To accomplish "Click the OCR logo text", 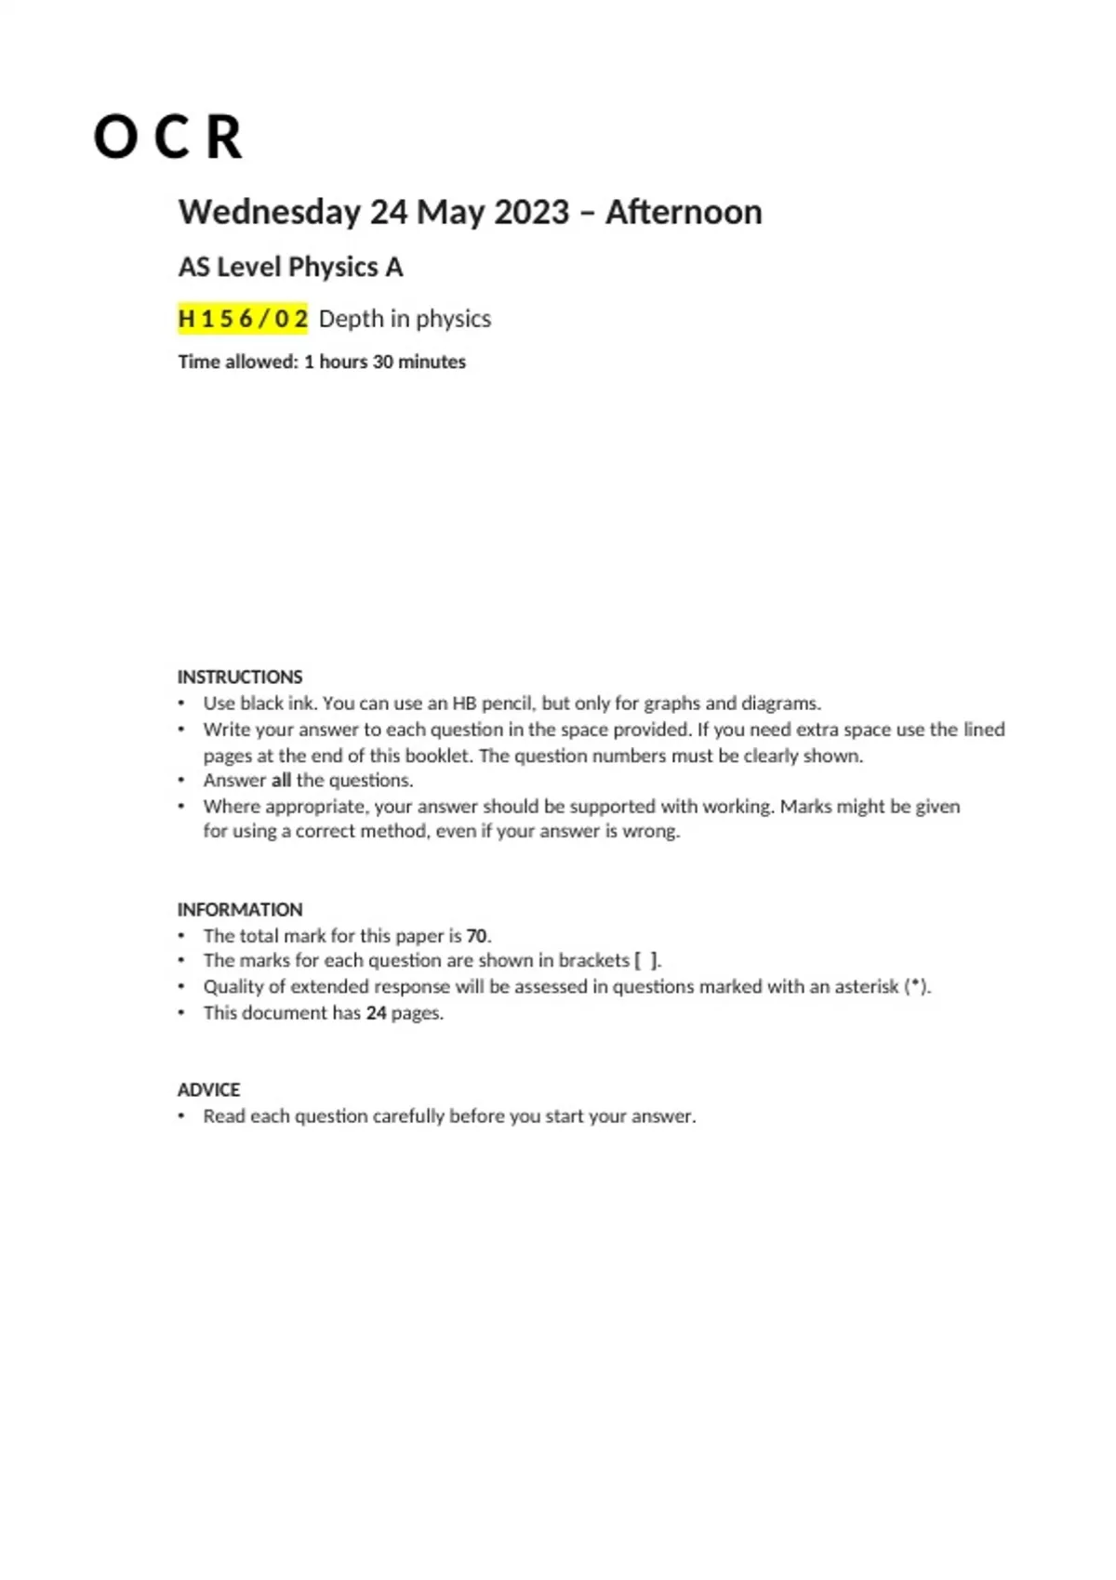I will pos(168,138).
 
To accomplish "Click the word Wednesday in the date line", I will pos(269,212).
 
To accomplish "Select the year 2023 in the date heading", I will pos(531,212).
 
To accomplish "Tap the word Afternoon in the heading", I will pos(684,212).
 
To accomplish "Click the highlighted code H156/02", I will pos(243,319).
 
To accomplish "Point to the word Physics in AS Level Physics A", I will pos(333,268).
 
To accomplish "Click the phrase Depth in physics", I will pos(405,319).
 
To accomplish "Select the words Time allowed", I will pos(237,362).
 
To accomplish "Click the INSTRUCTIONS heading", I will pos(240,677).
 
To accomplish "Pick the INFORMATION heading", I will pos(240,909).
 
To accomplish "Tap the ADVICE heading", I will pos(208,1089).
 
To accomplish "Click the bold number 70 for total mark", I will pos(477,936).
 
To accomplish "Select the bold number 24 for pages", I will pos(376,1013).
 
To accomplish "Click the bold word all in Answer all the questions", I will pos(281,781).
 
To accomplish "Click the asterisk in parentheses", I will pos(917,987).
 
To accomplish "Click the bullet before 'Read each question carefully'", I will pos(182,1116).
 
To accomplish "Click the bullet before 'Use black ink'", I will pos(182,704).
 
